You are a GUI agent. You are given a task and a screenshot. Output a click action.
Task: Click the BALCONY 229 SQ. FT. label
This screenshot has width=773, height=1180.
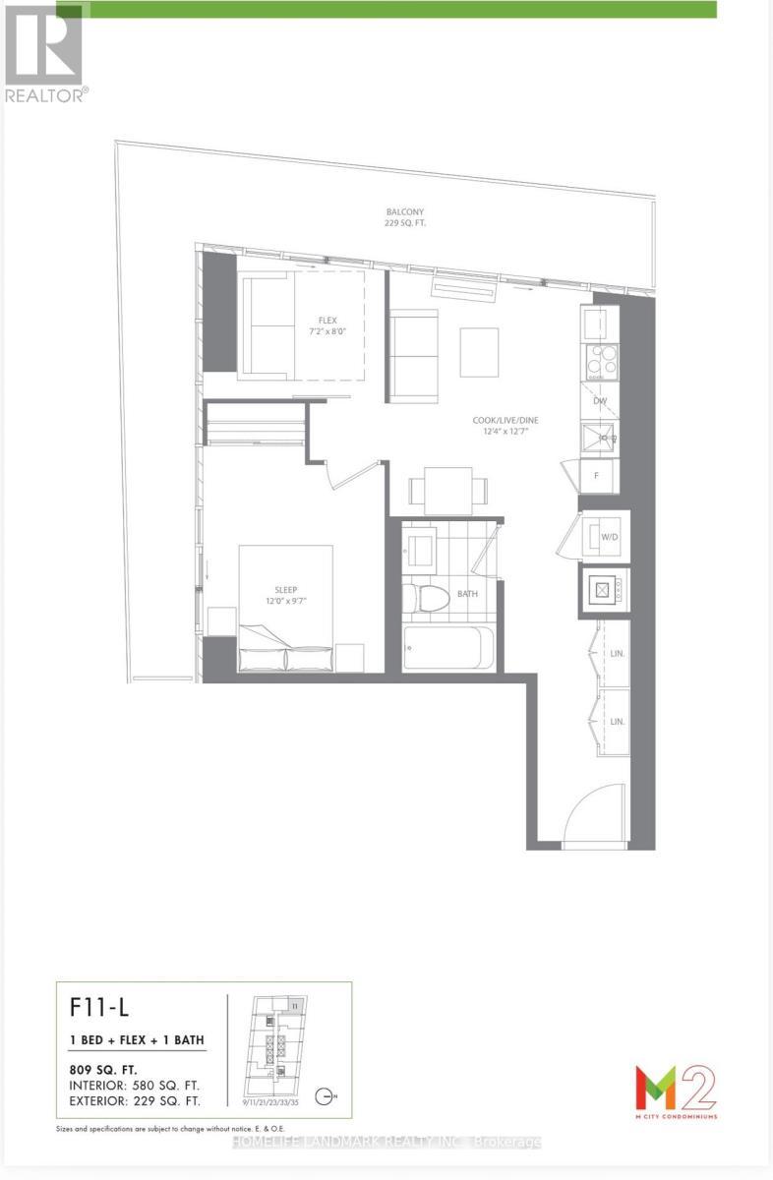pos(405,217)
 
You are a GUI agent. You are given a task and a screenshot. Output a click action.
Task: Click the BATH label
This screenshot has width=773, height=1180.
pos(468,595)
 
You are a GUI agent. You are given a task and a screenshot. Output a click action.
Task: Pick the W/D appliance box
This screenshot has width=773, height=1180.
pos(601,537)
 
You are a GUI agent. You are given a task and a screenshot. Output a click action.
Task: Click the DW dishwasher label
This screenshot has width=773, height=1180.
pos(599,401)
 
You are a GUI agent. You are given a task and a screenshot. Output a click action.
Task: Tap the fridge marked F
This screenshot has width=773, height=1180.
pos(597,476)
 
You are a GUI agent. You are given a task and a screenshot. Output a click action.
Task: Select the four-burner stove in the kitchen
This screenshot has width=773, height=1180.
pos(599,362)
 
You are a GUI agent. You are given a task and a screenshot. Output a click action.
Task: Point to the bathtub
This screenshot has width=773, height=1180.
pos(443,647)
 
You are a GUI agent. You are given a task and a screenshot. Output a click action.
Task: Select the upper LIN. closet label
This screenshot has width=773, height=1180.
pos(617,653)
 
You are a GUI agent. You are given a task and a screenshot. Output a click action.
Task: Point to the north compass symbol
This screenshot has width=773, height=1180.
pos(327,1096)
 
